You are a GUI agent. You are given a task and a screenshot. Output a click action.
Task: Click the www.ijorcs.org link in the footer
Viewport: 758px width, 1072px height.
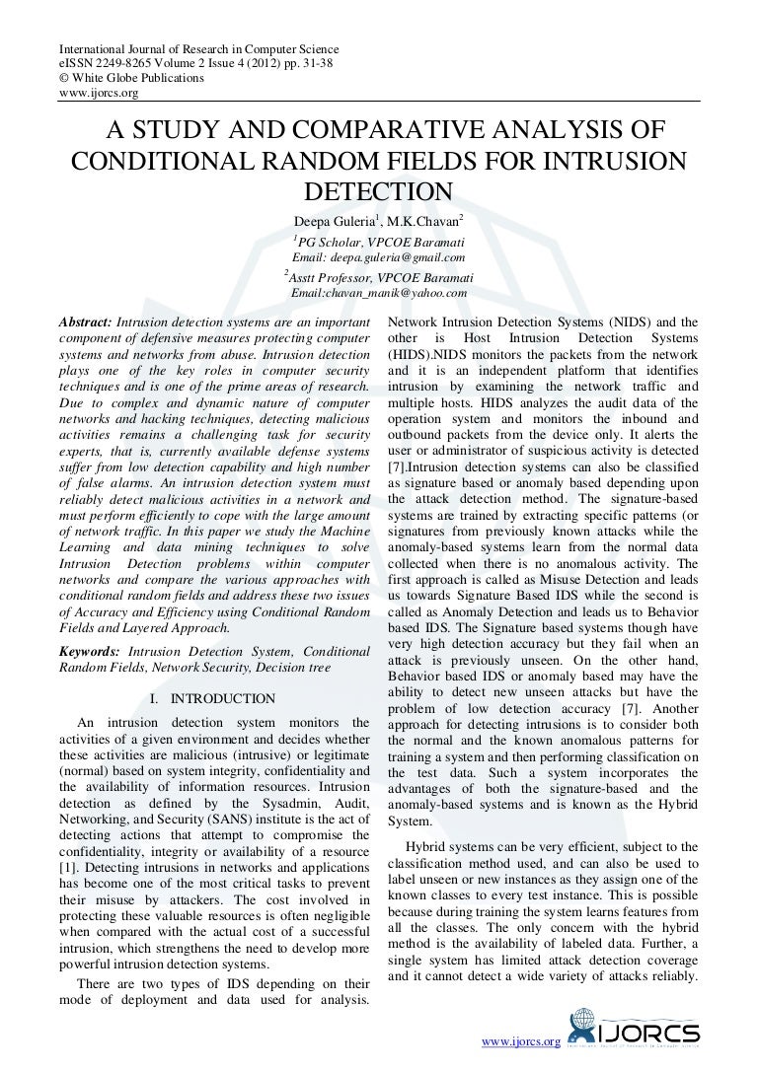(x=519, y=1041)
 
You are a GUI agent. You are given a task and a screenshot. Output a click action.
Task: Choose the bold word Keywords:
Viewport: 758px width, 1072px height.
(x=90, y=652)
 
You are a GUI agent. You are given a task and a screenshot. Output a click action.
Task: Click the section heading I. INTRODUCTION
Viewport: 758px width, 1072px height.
(x=212, y=699)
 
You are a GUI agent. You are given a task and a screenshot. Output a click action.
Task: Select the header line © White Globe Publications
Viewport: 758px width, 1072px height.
(x=132, y=78)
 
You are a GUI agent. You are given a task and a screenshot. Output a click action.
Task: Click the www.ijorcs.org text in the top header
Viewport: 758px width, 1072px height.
(x=99, y=93)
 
